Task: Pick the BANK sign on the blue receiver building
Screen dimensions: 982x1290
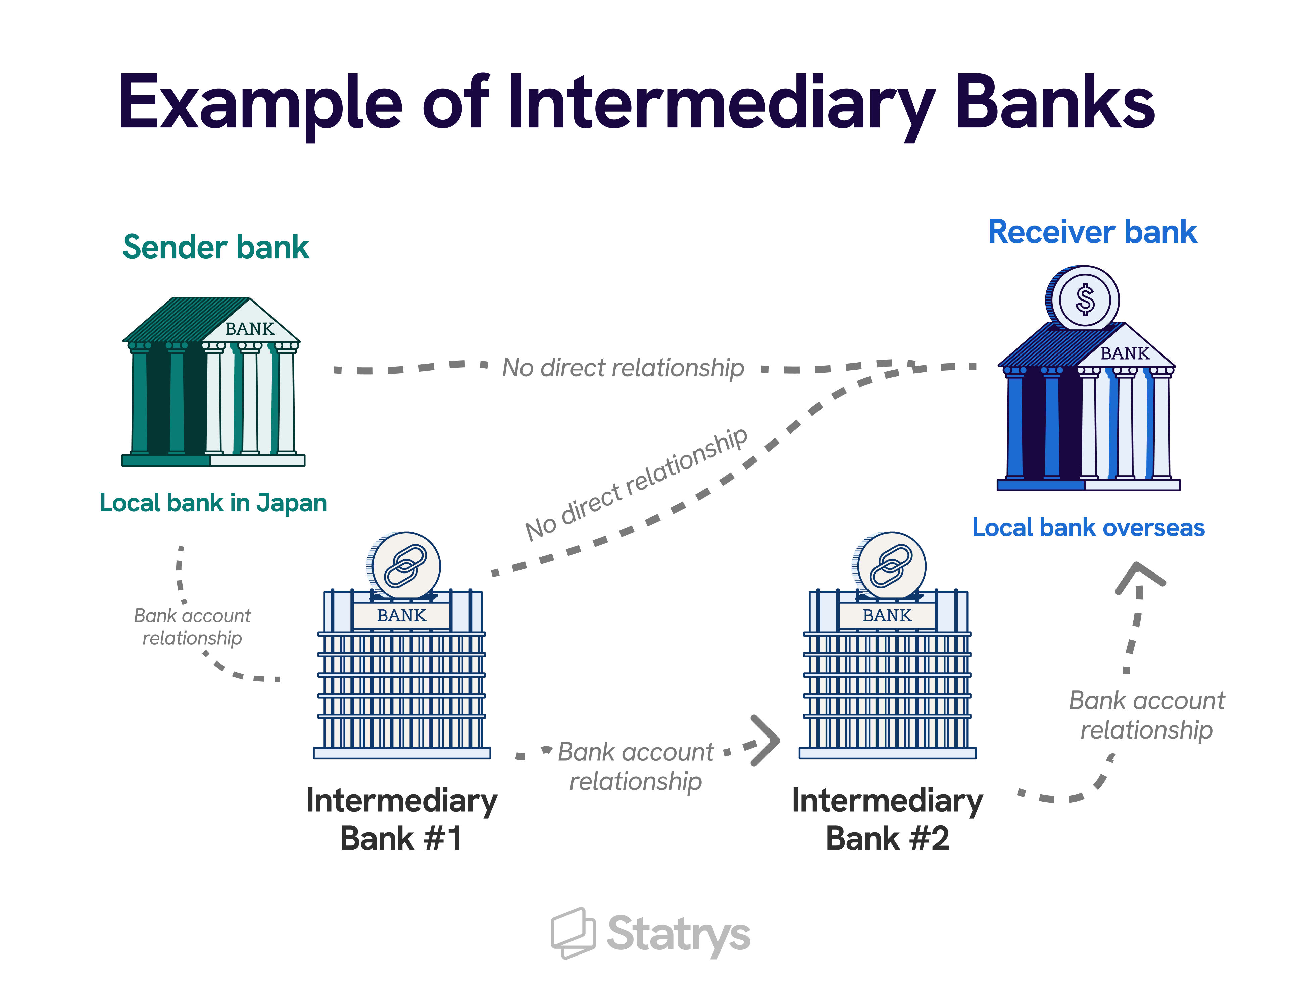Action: (x=1125, y=353)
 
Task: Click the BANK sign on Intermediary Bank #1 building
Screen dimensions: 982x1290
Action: (x=402, y=615)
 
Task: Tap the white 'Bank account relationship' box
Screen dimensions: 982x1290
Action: (x=192, y=626)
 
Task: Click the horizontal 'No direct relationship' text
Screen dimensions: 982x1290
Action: (x=623, y=368)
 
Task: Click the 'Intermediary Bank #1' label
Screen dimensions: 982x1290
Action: (x=402, y=819)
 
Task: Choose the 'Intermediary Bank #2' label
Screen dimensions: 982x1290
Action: (x=887, y=819)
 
